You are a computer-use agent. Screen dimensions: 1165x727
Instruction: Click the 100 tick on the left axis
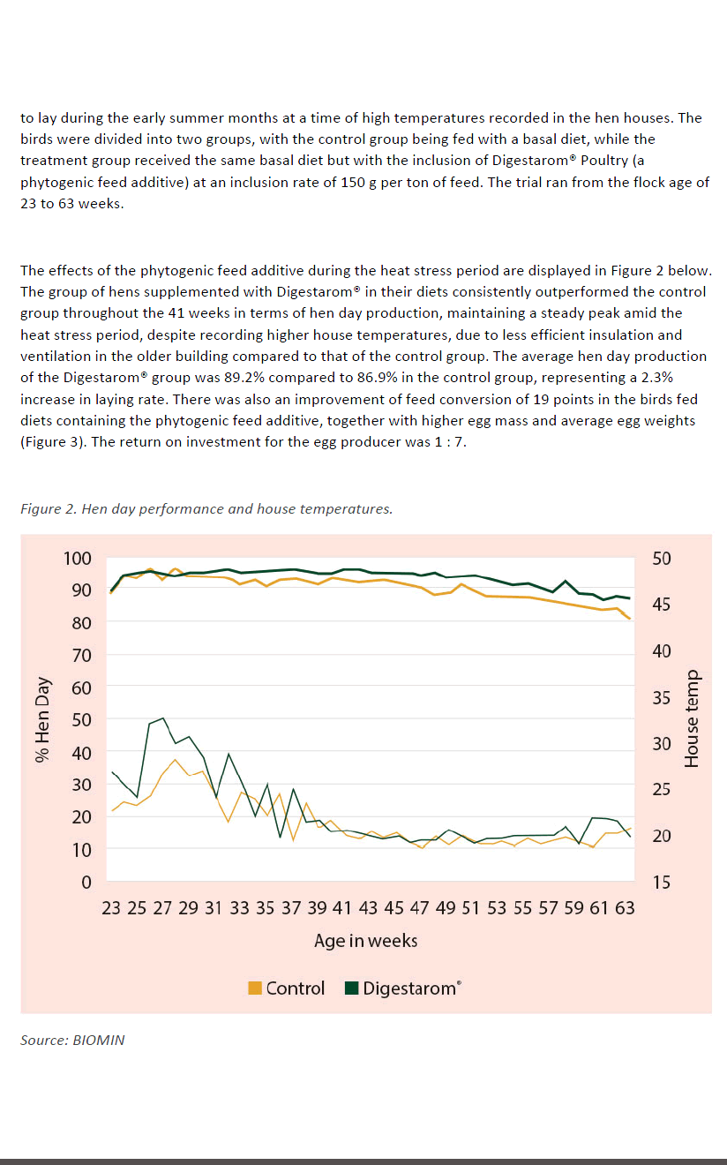(78, 558)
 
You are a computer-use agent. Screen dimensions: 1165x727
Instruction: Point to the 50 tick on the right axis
(662, 558)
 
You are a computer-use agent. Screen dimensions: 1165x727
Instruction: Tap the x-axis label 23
(110, 907)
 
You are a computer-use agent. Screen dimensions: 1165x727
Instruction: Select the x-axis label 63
(624, 907)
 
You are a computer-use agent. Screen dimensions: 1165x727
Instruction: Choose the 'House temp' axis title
(692, 719)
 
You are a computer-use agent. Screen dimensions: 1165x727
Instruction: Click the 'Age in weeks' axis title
(365, 941)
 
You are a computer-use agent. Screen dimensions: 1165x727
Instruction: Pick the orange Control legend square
(256, 988)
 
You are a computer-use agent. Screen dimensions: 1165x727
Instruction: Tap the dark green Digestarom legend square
(352, 988)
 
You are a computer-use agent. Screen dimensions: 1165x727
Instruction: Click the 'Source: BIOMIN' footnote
(72, 1040)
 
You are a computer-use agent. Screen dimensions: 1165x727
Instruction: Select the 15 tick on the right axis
(662, 882)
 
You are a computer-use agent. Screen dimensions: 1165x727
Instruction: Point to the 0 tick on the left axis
(86, 882)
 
